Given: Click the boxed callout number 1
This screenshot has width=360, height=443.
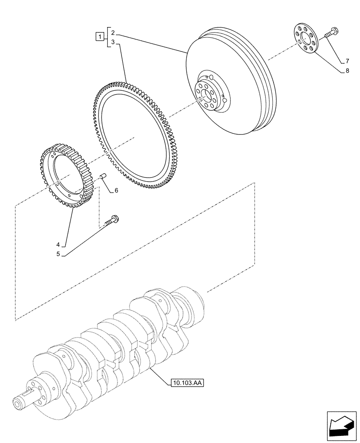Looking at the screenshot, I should tap(101, 37).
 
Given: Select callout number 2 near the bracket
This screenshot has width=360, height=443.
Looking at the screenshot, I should tap(113, 33).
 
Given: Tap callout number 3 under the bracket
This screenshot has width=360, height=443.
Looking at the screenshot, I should tap(113, 42).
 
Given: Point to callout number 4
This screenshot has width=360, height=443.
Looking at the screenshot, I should tap(58, 244).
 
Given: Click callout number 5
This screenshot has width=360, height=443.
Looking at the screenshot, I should tap(58, 255).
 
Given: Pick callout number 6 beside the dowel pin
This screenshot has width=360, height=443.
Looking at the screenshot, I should tap(116, 190).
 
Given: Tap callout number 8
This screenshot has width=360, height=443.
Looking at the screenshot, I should tap(348, 70).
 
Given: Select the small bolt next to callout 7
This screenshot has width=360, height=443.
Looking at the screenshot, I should tap(330, 33).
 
